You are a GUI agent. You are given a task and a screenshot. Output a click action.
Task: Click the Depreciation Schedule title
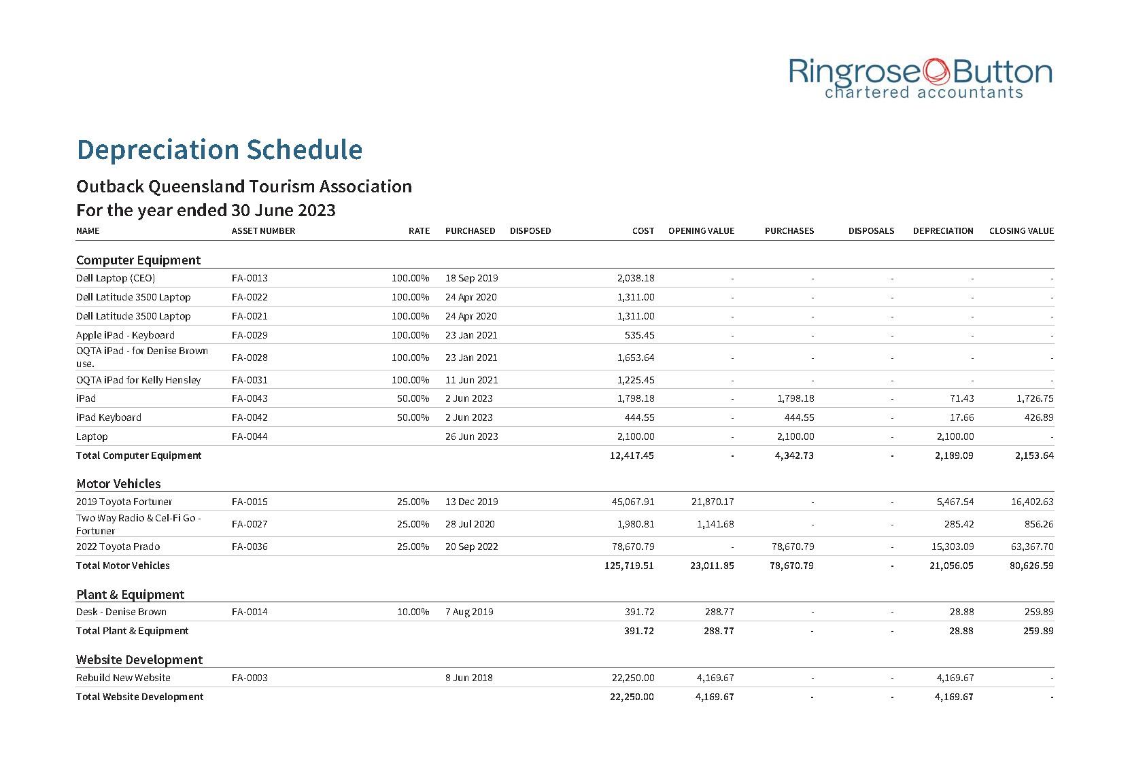(x=219, y=150)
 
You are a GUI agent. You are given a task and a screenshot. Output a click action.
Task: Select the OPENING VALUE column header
(x=701, y=231)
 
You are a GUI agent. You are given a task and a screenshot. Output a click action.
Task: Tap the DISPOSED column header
(x=530, y=231)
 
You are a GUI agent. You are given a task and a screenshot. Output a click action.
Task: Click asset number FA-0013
(x=250, y=278)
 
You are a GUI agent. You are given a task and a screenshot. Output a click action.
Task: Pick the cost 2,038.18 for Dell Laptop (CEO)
(x=635, y=278)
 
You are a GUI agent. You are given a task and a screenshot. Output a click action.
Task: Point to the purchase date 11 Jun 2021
(x=471, y=380)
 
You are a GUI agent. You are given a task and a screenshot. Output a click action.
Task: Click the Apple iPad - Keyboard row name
(x=125, y=335)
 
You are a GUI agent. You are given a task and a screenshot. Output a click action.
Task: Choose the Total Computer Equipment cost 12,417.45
(x=632, y=455)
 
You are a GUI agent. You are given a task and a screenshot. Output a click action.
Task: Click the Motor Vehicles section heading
(x=118, y=484)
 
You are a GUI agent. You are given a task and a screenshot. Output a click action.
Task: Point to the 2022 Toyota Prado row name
(x=118, y=547)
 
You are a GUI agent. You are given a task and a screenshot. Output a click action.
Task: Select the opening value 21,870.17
(x=710, y=502)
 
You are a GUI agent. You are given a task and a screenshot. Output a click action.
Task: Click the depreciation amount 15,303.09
(x=951, y=547)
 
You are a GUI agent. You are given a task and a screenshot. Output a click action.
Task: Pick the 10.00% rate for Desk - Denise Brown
(x=413, y=612)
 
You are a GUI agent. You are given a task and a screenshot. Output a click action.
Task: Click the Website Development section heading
(x=139, y=660)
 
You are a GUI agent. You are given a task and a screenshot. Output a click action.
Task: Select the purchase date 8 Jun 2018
(x=468, y=678)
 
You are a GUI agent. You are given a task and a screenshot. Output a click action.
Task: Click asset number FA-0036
(x=250, y=547)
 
